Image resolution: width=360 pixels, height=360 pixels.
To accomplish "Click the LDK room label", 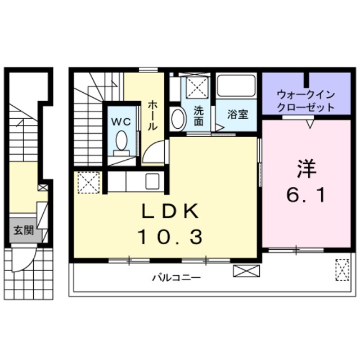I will (169, 211).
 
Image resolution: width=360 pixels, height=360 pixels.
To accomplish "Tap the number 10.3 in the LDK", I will (169, 237).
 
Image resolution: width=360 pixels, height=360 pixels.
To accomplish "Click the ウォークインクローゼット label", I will (306, 101).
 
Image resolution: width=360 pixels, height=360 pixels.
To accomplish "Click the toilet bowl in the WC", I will (121, 140).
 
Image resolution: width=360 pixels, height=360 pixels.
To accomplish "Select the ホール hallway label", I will (152, 115).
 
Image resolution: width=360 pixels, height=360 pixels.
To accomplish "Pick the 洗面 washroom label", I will (198, 115).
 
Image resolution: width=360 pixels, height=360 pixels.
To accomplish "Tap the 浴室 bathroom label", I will (237, 114).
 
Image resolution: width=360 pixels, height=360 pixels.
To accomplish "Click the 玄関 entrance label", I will (24, 230).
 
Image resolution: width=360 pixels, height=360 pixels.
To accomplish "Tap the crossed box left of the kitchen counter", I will (88, 182).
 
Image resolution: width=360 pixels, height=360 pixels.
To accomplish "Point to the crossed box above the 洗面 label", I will (197, 87).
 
